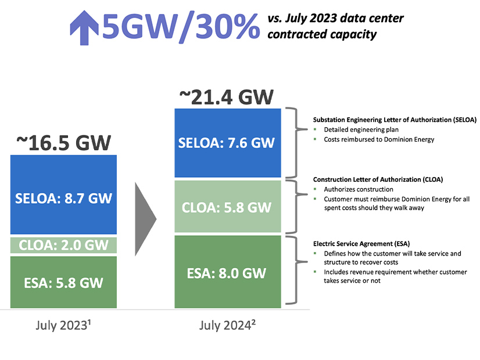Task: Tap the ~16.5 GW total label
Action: (x=64, y=142)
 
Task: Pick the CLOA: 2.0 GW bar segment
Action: (x=64, y=245)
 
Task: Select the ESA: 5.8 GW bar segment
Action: (x=64, y=282)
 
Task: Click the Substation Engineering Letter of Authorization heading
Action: (x=395, y=120)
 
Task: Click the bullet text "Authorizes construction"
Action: (x=359, y=189)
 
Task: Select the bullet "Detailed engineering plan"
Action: (x=361, y=129)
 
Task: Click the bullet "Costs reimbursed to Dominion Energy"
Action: (x=379, y=139)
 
